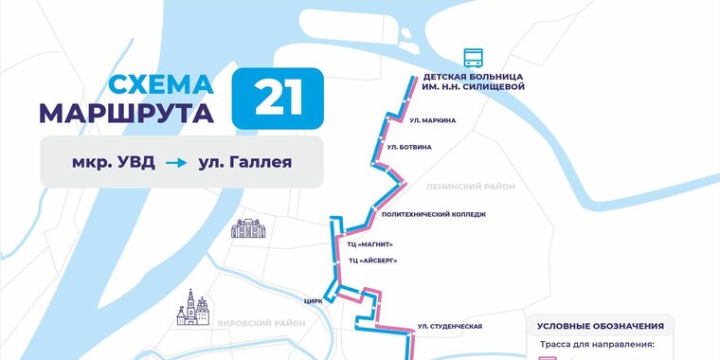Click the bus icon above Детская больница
click(x=472, y=57)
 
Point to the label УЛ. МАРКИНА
click(x=433, y=120)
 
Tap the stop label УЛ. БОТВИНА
click(x=409, y=147)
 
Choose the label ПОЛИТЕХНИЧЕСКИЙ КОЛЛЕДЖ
click(x=433, y=214)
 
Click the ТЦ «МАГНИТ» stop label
click(x=370, y=244)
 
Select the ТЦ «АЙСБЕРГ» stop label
click(x=372, y=260)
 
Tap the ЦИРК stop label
click(x=314, y=300)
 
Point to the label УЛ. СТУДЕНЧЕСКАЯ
click(x=450, y=327)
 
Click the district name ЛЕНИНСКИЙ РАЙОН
click(x=471, y=187)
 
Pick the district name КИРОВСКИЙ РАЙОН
click(x=261, y=323)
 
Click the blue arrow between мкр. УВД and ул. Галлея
click(x=176, y=163)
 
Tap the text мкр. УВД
click(x=113, y=162)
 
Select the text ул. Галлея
click(x=244, y=162)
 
